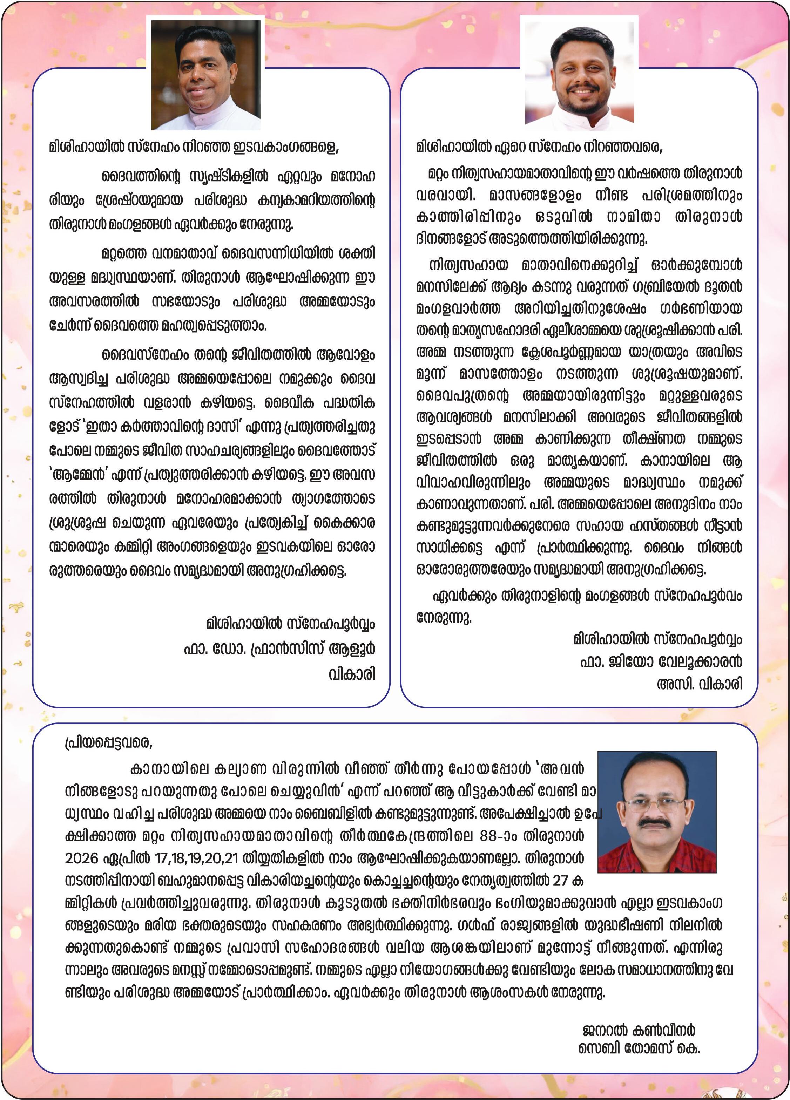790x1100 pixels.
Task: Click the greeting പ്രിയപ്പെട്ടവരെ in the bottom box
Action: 109,742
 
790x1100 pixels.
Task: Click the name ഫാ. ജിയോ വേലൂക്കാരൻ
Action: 661,661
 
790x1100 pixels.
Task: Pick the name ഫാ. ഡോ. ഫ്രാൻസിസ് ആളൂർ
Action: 279,649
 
